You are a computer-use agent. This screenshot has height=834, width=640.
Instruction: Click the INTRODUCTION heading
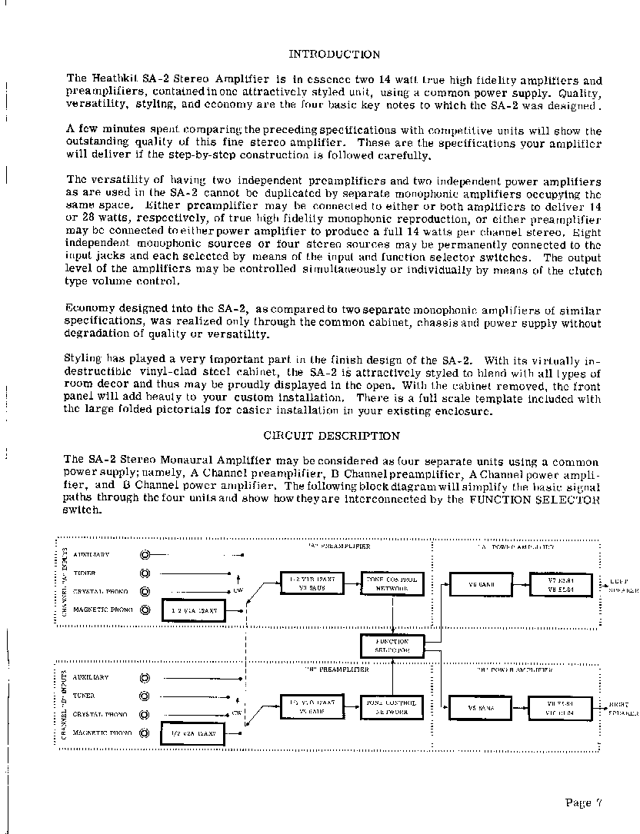pyautogui.click(x=333, y=55)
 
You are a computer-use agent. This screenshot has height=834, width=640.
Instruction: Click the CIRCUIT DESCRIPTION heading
pyautogui.click(x=332, y=436)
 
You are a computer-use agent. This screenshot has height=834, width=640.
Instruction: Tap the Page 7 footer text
pyautogui.click(x=582, y=803)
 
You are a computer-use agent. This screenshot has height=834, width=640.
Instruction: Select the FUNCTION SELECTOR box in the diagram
pyautogui.click(x=392, y=645)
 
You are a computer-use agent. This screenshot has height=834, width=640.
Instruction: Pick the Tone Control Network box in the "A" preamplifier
pyautogui.click(x=392, y=583)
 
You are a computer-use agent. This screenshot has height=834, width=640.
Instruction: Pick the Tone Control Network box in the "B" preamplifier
pyautogui.click(x=392, y=708)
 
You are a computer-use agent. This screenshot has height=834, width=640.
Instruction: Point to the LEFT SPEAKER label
pyautogui.click(x=622, y=586)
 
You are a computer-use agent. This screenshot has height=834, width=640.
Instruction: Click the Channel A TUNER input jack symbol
pyautogui.click(x=145, y=573)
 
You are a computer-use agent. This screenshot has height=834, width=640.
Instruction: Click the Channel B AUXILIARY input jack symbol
pyautogui.click(x=145, y=678)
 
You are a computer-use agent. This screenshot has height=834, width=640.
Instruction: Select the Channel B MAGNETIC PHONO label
pyautogui.click(x=102, y=733)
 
